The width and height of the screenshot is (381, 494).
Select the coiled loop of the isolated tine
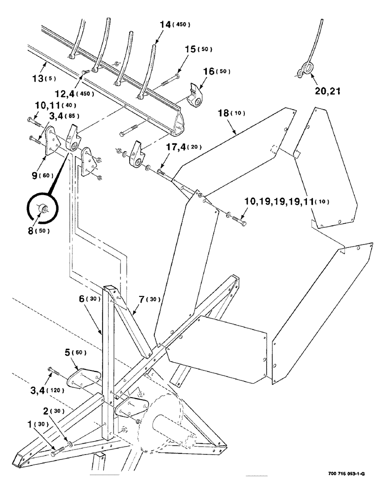[305, 70]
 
